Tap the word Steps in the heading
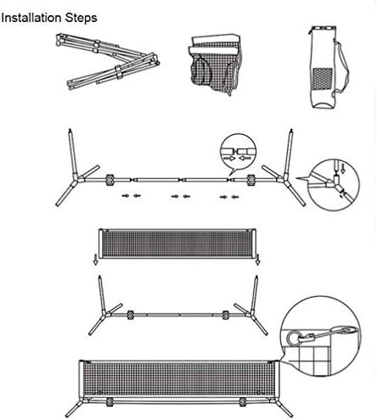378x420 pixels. coord(80,17)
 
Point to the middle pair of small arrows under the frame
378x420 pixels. coord(181,196)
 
